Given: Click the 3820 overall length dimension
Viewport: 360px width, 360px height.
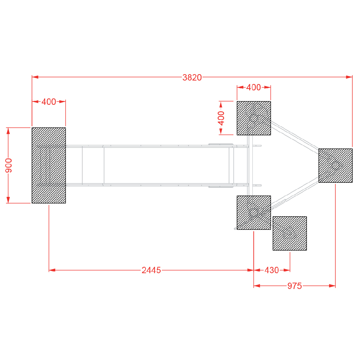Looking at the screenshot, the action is pos(192,78).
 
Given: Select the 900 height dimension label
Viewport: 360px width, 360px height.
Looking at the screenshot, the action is pos(9,165).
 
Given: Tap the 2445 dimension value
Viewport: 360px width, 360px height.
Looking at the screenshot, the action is pos(151,270).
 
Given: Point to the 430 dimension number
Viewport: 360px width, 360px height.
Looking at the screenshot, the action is pos(272,270).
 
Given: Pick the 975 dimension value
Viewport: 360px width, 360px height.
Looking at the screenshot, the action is pos(295,286).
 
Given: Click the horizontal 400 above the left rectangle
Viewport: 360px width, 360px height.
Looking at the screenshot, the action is pos(49,102).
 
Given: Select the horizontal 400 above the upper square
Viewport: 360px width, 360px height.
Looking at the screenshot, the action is pos(253,88).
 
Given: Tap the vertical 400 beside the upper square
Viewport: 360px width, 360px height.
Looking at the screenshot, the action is pos(221,118).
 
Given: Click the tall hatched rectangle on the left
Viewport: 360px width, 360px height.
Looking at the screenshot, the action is pos(49,165).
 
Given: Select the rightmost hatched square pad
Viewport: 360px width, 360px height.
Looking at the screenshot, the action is pos(335,166).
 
